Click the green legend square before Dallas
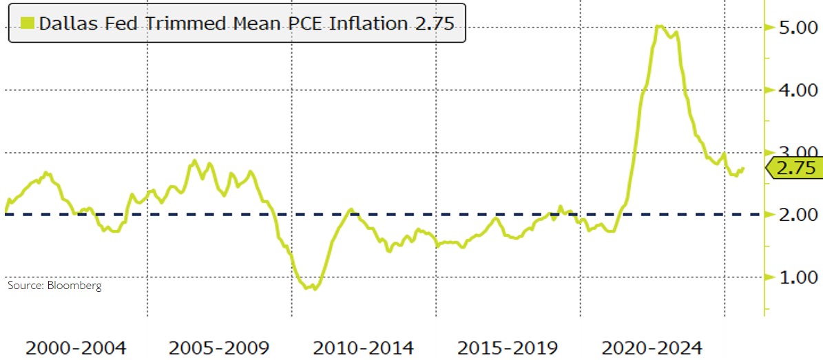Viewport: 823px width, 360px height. [x=28, y=23]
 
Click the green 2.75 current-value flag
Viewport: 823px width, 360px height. [x=793, y=167]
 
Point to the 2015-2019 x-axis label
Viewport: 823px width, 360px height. [x=508, y=346]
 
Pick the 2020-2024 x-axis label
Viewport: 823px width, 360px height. [x=652, y=346]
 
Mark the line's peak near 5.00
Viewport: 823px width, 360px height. [x=659, y=26]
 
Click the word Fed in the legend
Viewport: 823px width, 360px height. [x=112, y=23]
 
